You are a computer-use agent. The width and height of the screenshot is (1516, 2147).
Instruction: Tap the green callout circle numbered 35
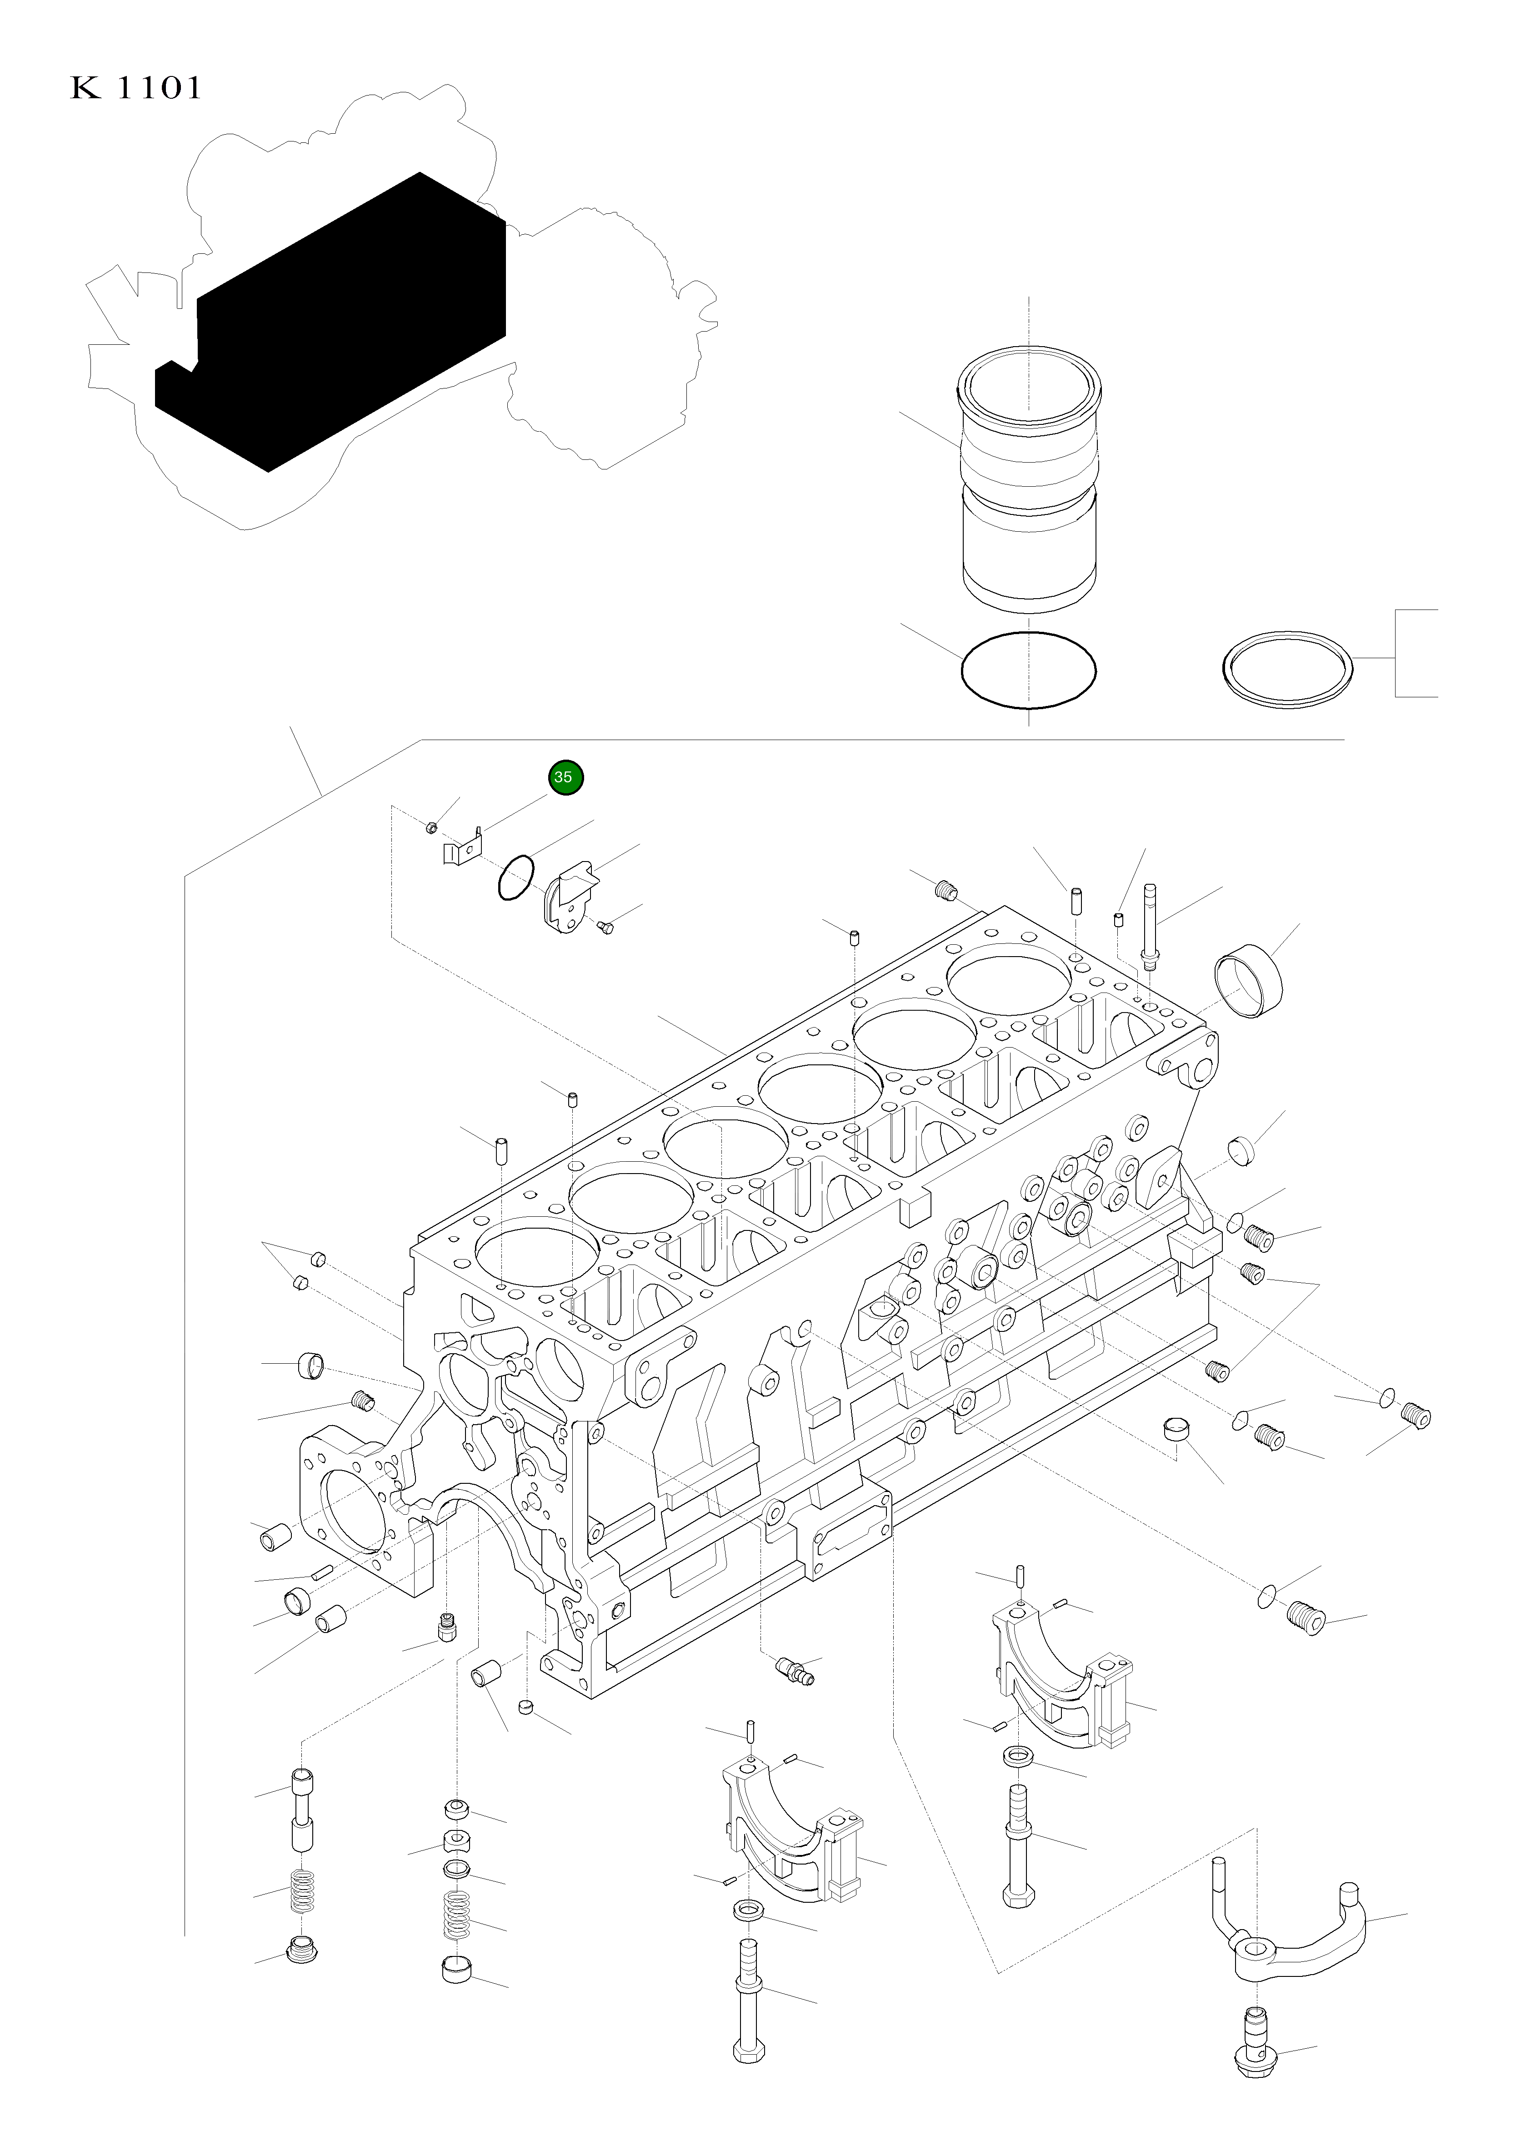(564, 777)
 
